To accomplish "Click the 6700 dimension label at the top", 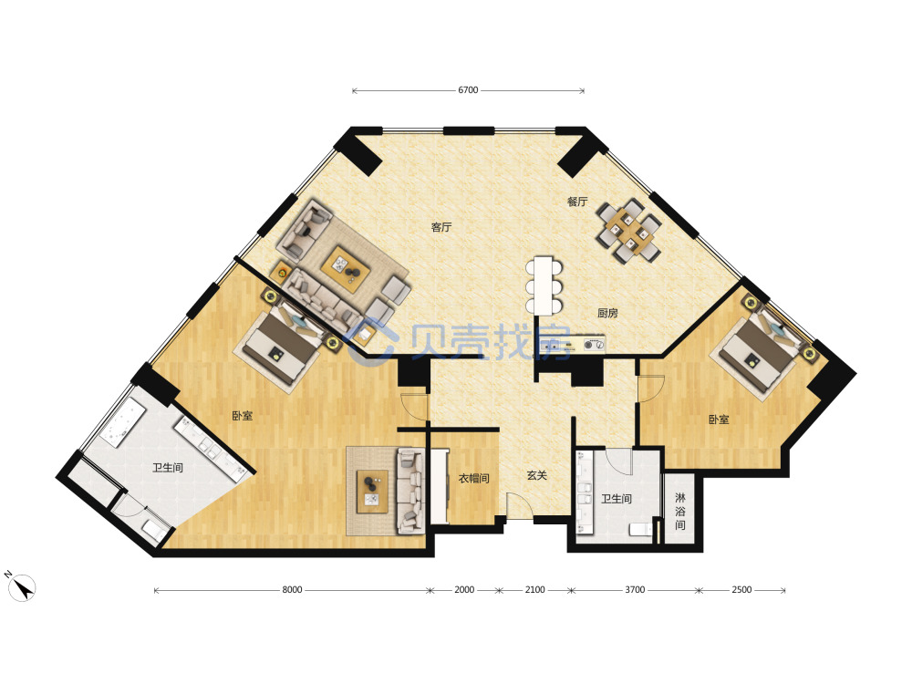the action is [x=468, y=90].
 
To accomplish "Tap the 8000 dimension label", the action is [x=292, y=590].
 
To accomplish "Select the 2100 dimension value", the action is [x=535, y=590].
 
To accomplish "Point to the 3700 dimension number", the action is [x=635, y=590].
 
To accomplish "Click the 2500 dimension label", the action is [x=741, y=590].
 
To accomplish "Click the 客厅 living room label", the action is [x=440, y=227].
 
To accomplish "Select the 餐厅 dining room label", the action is [x=577, y=202].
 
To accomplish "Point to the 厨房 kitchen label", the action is [x=607, y=313].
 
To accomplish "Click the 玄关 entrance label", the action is [x=537, y=476].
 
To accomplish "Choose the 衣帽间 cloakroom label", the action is [x=474, y=479].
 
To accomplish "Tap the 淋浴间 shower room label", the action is [x=680, y=512].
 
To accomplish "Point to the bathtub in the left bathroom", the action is [x=123, y=423].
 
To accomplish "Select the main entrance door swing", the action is [x=520, y=506].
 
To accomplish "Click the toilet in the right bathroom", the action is [x=641, y=529].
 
